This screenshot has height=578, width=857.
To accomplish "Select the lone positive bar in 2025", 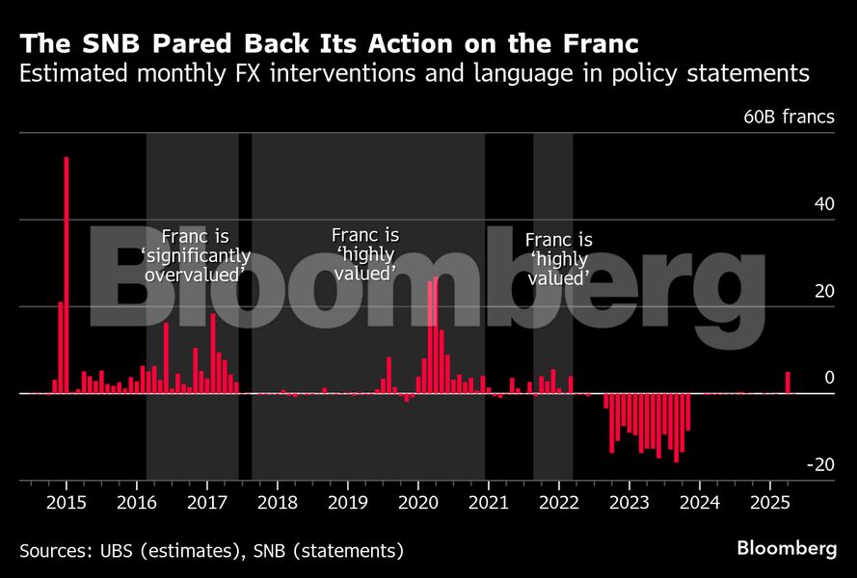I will pyautogui.click(x=788, y=382).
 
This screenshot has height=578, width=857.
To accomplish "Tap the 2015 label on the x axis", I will pyautogui.click(x=67, y=502).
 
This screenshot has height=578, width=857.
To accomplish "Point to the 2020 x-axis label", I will pyautogui.click(x=418, y=502).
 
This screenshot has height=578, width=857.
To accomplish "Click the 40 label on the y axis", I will pyautogui.click(x=823, y=205).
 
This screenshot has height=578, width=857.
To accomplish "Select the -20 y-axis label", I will pyautogui.click(x=820, y=465).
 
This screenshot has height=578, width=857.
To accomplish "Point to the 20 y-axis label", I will pyautogui.click(x=823, y=292).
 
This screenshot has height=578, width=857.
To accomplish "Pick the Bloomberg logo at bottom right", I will pyautogui.click(x=787, y=548).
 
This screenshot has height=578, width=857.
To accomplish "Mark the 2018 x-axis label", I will pyautogui.click(x=278, y=502).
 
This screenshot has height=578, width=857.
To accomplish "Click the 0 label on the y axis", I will pyautogui.click(x=828, y=379).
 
